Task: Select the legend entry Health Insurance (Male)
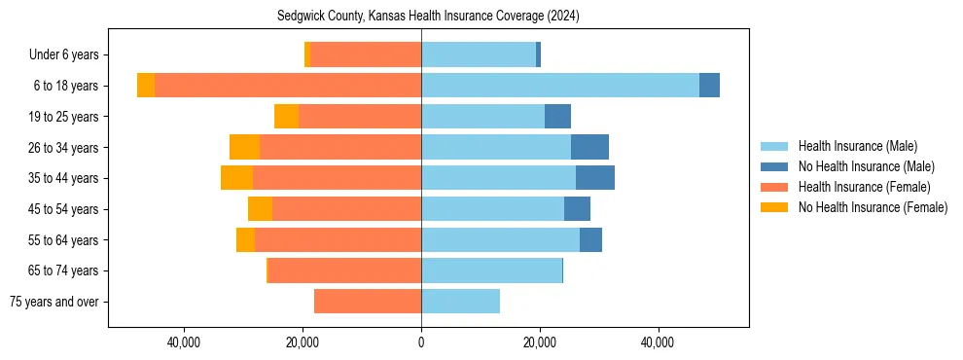[857, 146]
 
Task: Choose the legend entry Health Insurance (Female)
[864, 187]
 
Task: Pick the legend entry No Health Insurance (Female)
[873, 207]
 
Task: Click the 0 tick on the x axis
[421, 342]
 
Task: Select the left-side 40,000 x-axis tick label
[184, 342]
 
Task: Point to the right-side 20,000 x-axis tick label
[540, 342]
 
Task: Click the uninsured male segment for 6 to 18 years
[709, 86]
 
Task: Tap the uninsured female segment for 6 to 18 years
[146, 86]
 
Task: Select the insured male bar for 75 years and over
[460, 302]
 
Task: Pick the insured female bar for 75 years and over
[368, 302]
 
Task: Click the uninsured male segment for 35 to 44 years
[595, 178]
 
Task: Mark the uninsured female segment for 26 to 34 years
[244, 147]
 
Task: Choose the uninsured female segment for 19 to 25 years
[286, 117]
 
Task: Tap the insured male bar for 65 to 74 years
[491, 270]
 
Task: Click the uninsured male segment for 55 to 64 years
[590, 239]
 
